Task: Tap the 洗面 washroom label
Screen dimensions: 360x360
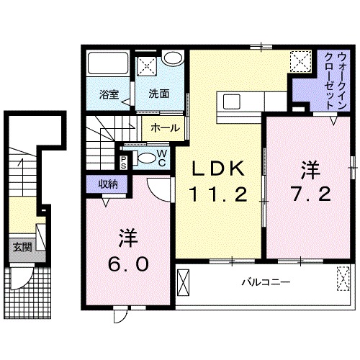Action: pos(159,94)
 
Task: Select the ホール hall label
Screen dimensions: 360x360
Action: pos(166,127)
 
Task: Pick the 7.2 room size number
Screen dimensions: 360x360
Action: pos(310,194)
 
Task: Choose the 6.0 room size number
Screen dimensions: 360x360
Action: pos(130,264)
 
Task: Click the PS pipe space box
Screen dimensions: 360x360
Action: pos(125,161)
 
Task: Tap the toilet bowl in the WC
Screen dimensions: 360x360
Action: pos(145,158)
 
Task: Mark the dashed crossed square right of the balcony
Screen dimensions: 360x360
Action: pos(341,278)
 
